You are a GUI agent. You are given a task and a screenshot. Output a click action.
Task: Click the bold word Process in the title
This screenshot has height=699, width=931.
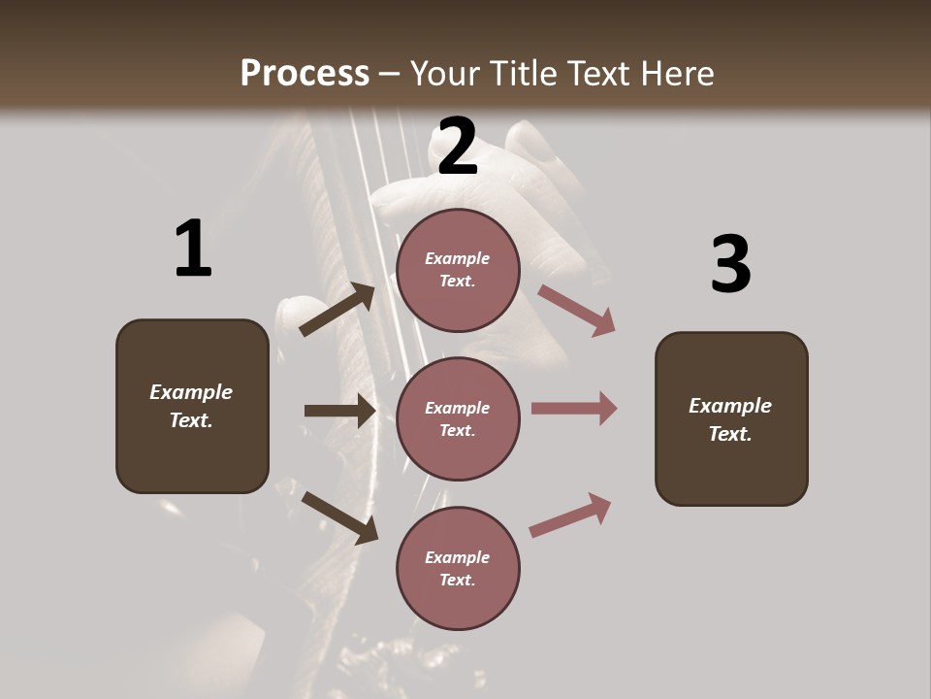coord(305,73)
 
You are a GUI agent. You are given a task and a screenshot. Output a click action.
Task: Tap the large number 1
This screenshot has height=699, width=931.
coord(193,250)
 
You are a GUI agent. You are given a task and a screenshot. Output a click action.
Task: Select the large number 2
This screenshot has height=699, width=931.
coord(458,147)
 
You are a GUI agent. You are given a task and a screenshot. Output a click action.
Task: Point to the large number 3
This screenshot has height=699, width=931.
coord(730,264)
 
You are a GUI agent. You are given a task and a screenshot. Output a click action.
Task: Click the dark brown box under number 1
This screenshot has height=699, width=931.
coord(192,406)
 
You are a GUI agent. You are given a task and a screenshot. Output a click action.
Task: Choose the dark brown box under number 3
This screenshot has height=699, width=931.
coord(731,418)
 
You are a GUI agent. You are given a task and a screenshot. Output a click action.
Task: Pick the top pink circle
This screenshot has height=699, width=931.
coord(458,270)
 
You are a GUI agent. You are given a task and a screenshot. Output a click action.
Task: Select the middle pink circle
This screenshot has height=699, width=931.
coord(458,418)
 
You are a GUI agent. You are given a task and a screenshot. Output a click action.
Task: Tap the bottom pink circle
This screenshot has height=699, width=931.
coord(458,568)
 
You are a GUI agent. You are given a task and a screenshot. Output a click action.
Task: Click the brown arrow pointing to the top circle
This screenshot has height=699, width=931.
coord(337,310)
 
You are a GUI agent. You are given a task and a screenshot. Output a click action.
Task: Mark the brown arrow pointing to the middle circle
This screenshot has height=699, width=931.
coord(339,411)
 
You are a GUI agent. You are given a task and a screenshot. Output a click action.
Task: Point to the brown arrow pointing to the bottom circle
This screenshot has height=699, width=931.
coord(339,517)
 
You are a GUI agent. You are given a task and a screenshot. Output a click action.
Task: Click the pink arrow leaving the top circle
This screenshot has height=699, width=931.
coord(576,310)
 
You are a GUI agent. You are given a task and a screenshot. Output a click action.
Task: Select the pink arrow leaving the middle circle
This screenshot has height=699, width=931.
coord(573,409)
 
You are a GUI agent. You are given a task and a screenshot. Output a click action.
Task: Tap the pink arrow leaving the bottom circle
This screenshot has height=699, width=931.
coord(570,516)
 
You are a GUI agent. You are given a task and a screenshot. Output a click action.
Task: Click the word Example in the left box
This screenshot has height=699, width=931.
coord(191,392)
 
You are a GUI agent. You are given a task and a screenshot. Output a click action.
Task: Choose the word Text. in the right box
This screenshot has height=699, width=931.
coord(730,434)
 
